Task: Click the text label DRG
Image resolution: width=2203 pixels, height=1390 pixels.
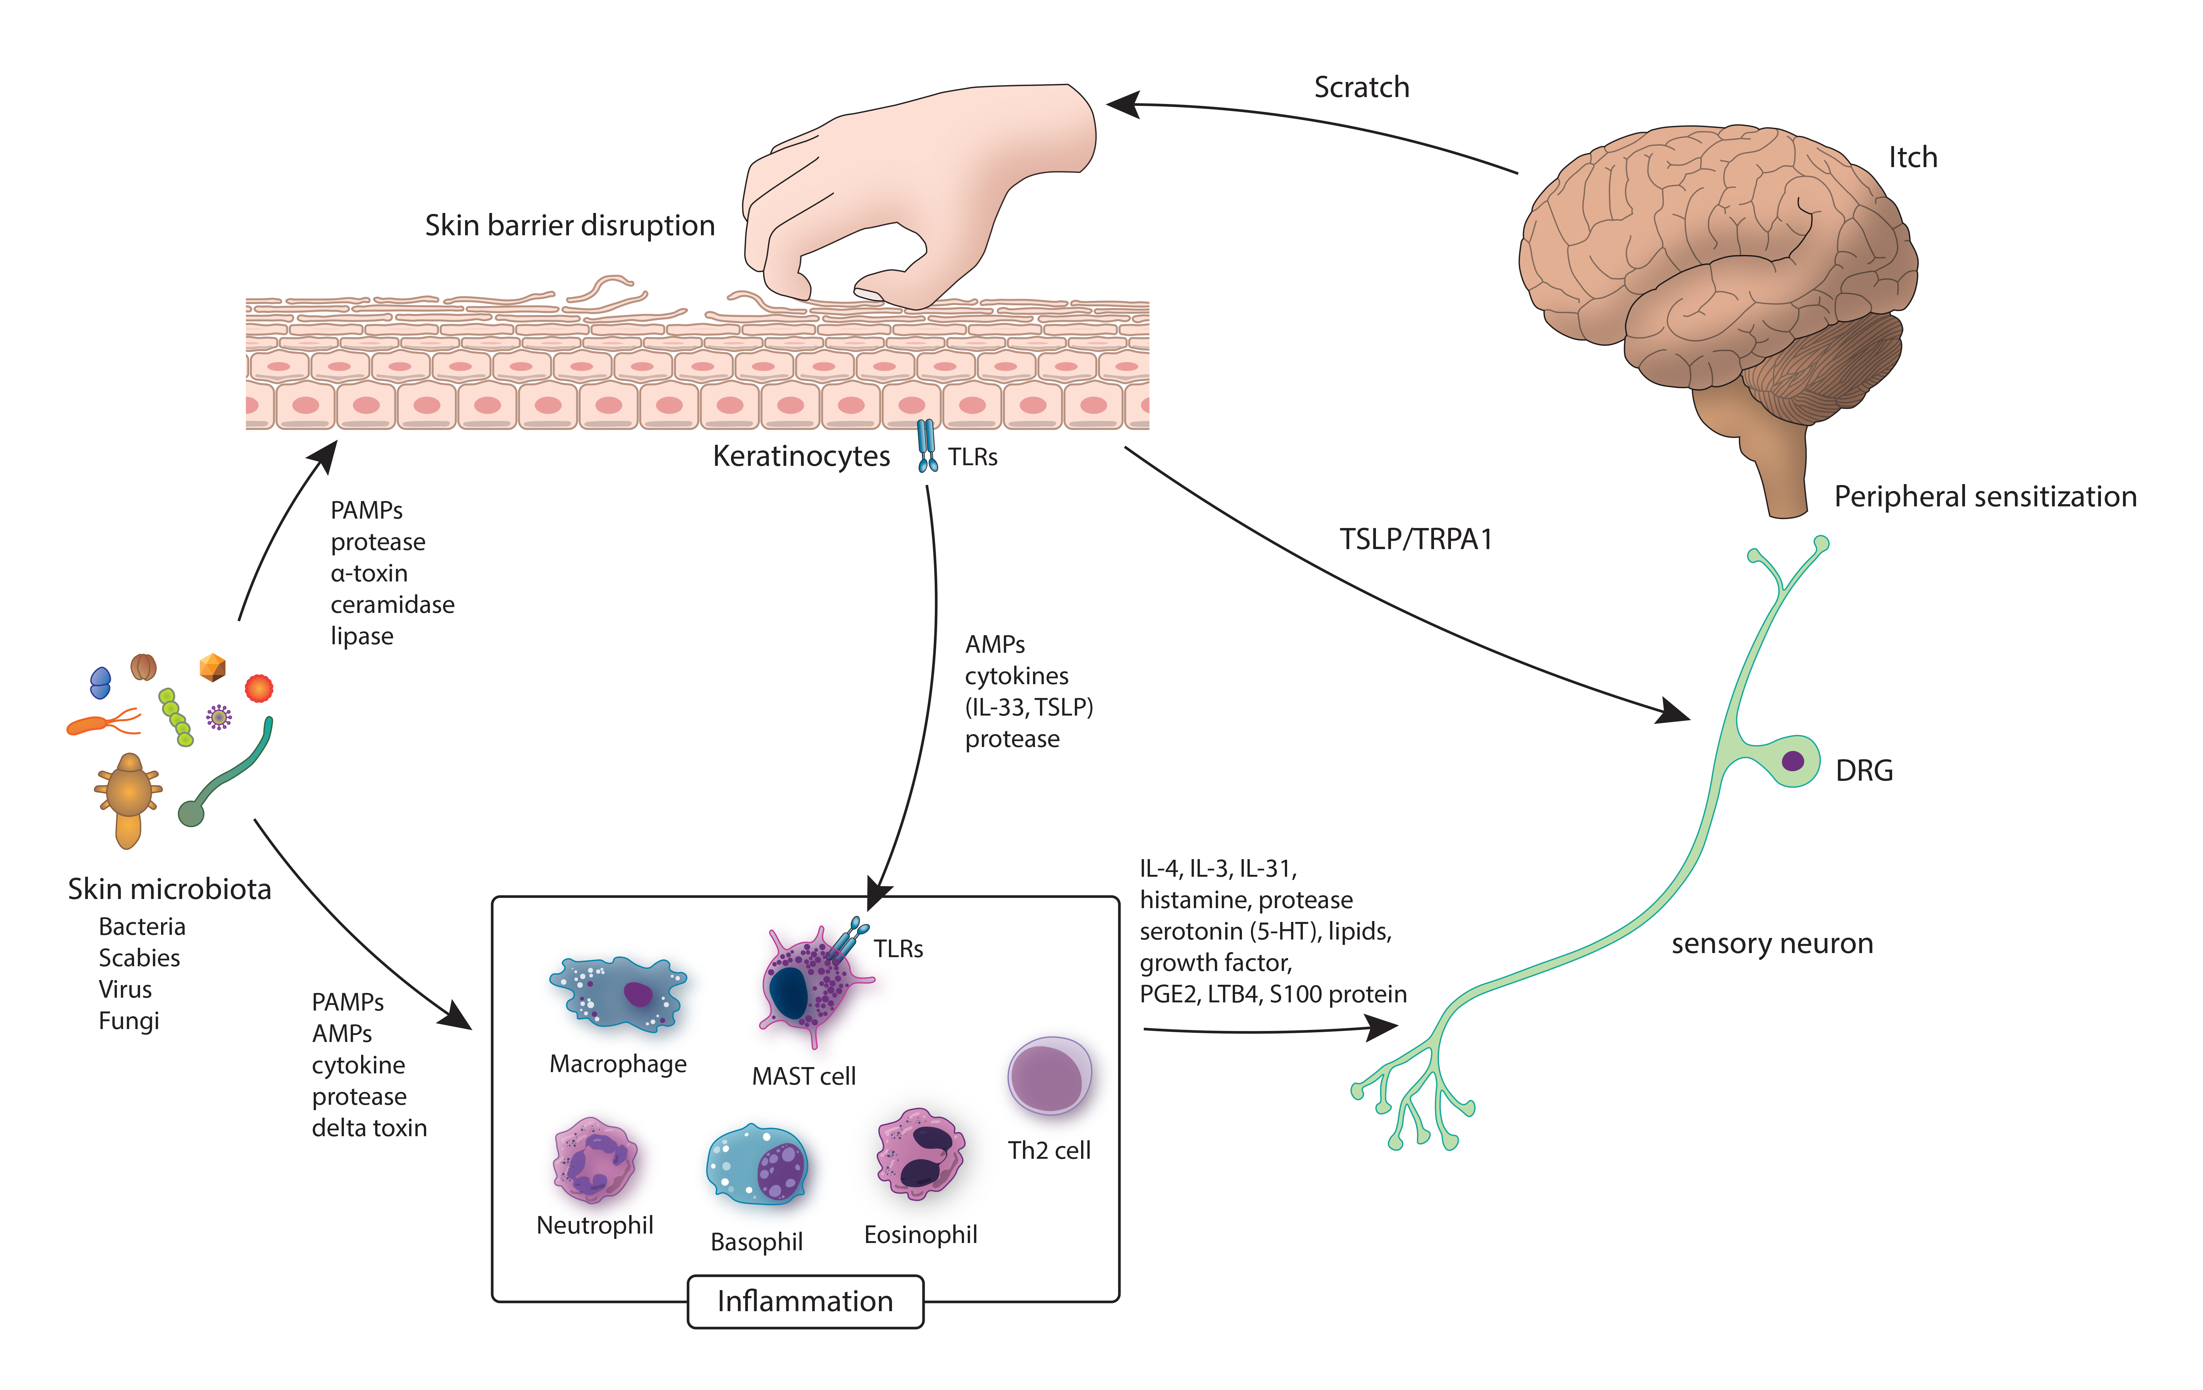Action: [1864, 771]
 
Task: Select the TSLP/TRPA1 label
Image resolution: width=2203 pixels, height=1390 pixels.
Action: [1415, 539]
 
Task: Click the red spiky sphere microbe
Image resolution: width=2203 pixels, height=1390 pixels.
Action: [259, 687]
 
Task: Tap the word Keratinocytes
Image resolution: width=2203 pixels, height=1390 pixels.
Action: [800, 456]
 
